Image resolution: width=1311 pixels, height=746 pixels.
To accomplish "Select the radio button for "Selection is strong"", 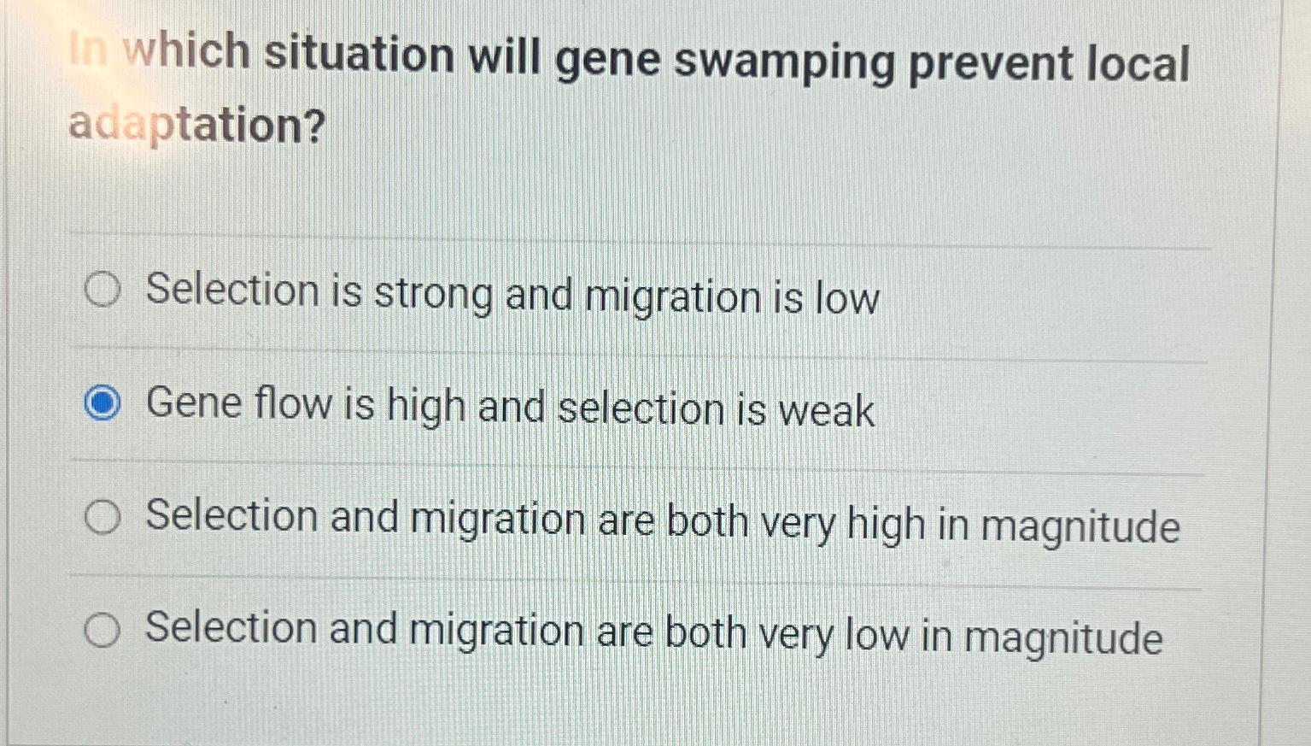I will pyautogui.click(x=102, y=291).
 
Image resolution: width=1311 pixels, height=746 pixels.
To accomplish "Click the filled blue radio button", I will pyautogui.click(x=102, y=403).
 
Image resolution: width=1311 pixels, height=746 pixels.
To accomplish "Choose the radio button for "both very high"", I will pyautogui.click(x=102, y=517).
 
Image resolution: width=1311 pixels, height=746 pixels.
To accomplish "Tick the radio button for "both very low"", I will pyautogui.click(x=102, y=631).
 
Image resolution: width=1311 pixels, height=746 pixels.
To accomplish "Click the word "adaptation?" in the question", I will pyautogui.click(x=197, y=126).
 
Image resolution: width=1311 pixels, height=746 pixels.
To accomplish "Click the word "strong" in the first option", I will pyautogui.click(x=434, y=295).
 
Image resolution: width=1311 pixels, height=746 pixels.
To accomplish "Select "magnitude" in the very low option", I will pyautogui.click(x=1063, y=638).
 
